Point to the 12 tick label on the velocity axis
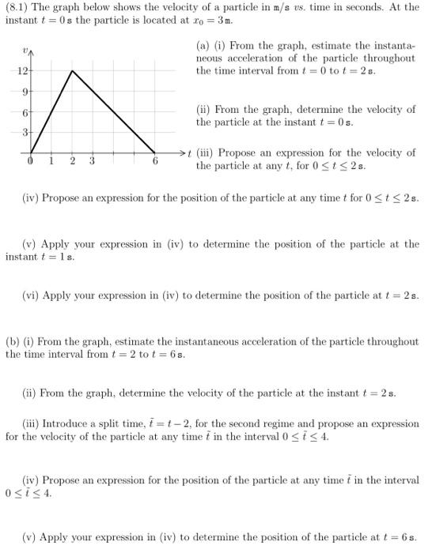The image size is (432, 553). point(22,70)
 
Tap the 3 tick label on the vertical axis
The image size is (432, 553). point(25,133)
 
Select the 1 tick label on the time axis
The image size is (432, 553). point(51,161)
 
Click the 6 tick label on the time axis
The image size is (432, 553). point(156,161)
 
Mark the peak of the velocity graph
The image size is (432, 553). point(72,70)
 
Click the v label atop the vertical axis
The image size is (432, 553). point(26,51)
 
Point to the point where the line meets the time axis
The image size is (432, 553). point(155,152)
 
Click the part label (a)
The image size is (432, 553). point(203,46)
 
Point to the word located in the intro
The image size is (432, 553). point(148,20)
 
